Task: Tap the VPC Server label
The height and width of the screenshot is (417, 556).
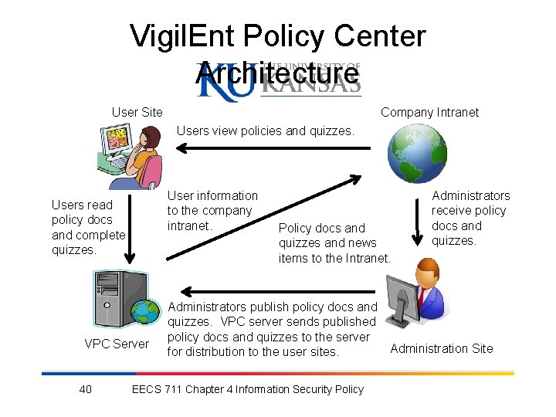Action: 116,344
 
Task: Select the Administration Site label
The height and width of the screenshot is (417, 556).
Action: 441,348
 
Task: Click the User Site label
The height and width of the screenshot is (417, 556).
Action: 137,113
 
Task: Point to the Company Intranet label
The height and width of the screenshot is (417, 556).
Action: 429,113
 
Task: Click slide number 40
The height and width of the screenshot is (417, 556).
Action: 86,389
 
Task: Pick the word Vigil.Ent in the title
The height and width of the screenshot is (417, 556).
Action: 181,36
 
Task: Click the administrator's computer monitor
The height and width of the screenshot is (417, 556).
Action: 402,297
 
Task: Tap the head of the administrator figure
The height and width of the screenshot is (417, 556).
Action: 425,273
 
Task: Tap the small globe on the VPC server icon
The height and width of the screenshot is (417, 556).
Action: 144,310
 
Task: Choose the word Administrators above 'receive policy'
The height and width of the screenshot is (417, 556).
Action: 470,196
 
